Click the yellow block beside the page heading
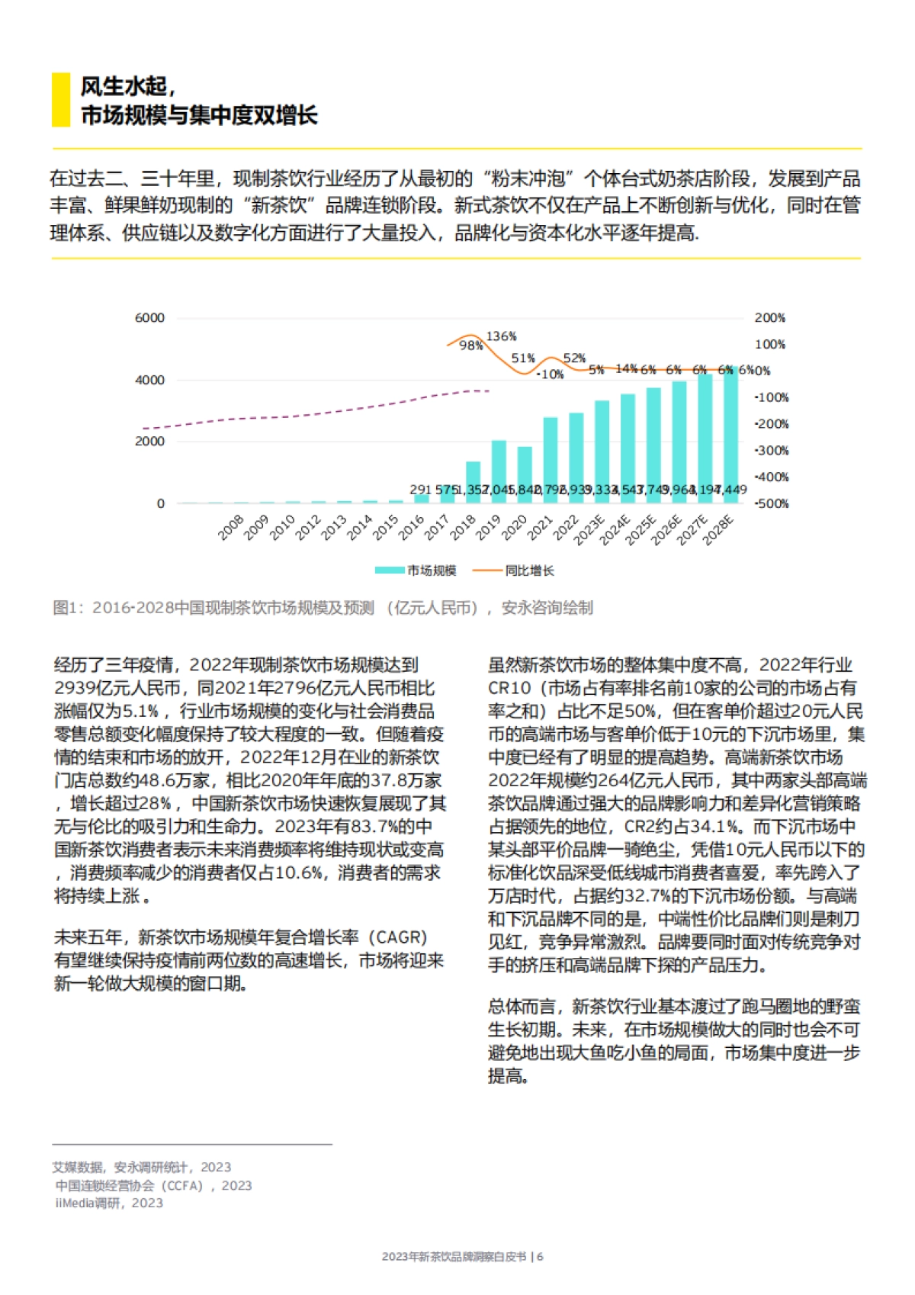click(60, 100)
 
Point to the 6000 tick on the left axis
click(149, 318)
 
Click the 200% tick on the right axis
click(769, 318)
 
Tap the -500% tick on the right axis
click(772, 503)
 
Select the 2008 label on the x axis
click(230, 528)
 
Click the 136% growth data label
click(501, 336)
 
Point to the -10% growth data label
click(550, 374)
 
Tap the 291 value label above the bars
click(421, 490)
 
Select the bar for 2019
click(499, 471)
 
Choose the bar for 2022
click(576, 458)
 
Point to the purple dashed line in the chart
click(305, 414)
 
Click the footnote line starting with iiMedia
click(109, 1203)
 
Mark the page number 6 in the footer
click(540, 1256)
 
